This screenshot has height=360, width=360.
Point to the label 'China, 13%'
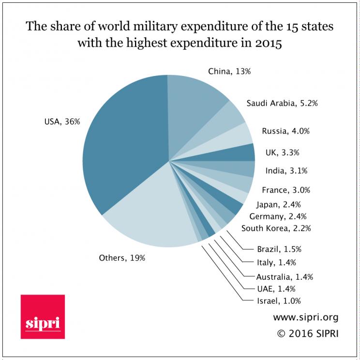[x=230, y=72]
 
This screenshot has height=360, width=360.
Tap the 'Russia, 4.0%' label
[x=285, y=131]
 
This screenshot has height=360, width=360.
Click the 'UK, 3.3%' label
[x=283, y=152]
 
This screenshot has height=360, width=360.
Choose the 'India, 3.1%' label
[x=286, y=170]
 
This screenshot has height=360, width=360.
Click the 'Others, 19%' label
[x=121, y=258]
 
